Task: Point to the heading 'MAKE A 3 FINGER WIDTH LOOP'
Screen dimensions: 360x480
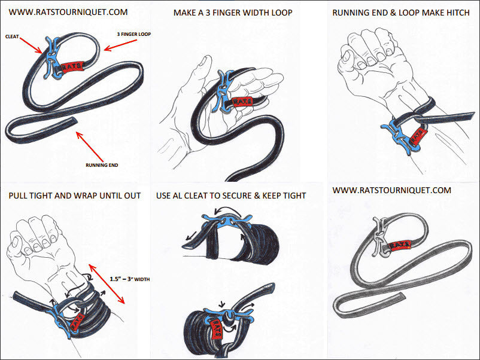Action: pos(233,12)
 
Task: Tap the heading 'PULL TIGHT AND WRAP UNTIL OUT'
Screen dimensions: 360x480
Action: pos(74,196)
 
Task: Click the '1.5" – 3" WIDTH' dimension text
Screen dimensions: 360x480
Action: pos(130,278)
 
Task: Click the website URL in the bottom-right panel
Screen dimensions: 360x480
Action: pos(391,190)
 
